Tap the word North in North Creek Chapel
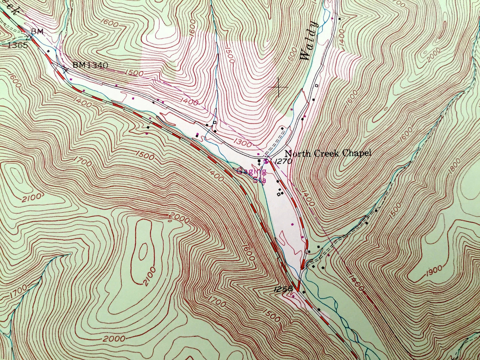(x=295, y=154)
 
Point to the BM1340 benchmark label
(x=90, y=65)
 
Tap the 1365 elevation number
(x=17, y=45)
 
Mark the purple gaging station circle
(x=266, y=161)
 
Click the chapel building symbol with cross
(x=259, y=162)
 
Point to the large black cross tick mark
(x=278, y=87)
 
